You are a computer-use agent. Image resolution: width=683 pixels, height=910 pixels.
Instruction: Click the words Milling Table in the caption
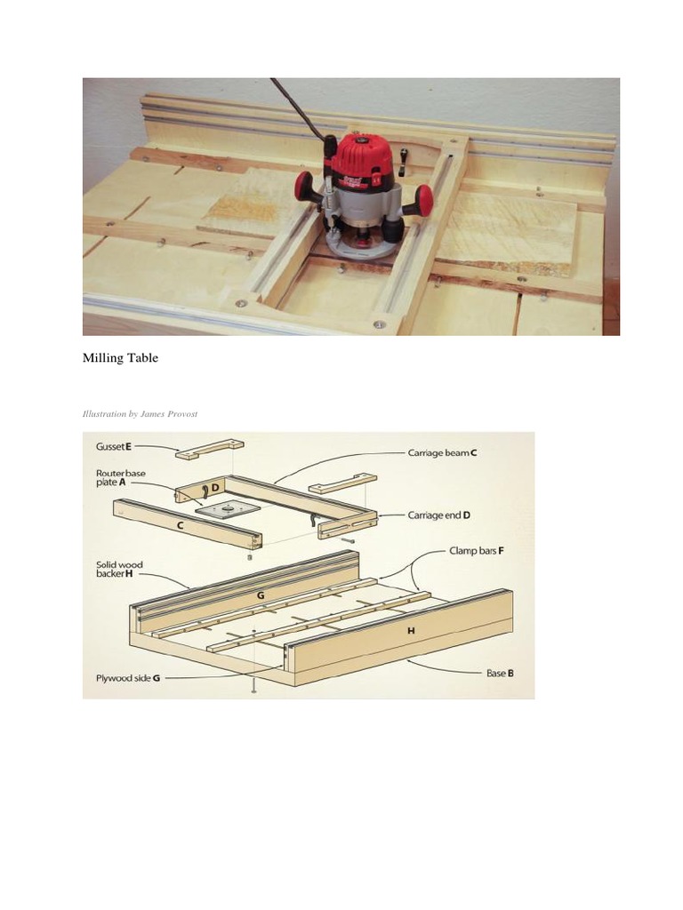point(120,357)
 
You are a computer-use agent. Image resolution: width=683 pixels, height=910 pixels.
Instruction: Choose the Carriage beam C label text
point(442,452)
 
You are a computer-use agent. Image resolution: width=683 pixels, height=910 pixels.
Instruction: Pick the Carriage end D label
point(439,515)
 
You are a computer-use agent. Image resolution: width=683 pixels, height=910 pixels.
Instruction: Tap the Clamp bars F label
point(477,551)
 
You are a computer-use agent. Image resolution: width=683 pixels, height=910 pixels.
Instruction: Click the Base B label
point(499,673)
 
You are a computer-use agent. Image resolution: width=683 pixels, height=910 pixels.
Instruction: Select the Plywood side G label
point(129,678)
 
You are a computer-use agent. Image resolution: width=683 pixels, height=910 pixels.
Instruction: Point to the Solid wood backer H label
point(118,569)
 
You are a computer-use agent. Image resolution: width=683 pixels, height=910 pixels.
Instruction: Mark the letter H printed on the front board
point(410,630)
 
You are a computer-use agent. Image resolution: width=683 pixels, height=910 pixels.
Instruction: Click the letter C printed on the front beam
point(181,525)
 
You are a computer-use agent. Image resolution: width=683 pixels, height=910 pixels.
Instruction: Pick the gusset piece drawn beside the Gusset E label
point(210,449)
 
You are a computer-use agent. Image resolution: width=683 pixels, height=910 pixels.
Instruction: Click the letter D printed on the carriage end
point(214,487)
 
